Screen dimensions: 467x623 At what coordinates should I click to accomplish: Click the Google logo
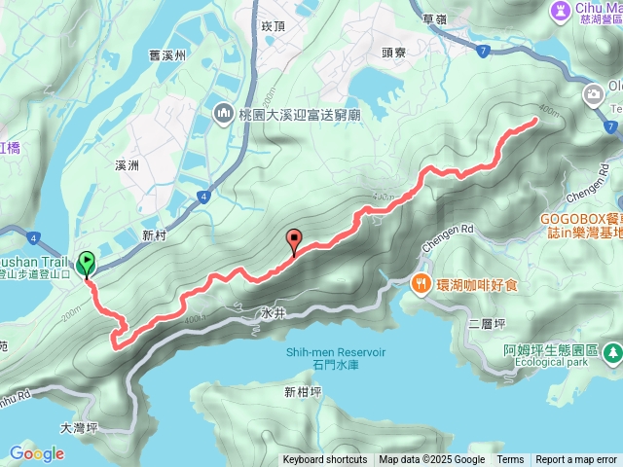click(x=36, y=452)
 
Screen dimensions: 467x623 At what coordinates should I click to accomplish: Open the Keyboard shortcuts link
click(x=325, y=460)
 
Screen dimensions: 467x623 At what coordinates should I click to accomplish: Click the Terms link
click(x=510, y=460)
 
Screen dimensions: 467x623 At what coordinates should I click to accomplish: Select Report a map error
click(x=578, y=460)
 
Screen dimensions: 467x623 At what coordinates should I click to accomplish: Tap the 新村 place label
click(x=155, y=235)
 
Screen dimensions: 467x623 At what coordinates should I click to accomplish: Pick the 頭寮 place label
click(x=394, y=54)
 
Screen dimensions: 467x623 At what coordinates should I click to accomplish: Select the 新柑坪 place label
click(x=302, y=393)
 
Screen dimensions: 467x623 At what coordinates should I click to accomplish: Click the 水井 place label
click(x=273, y=314)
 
